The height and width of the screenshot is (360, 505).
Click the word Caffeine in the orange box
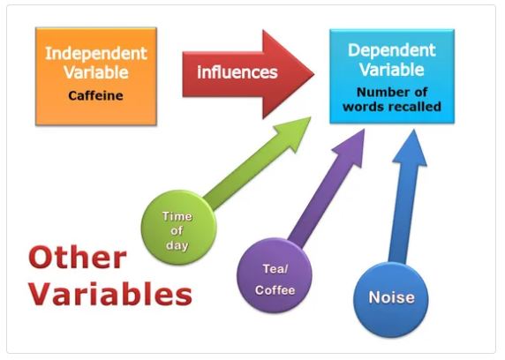pyautogui.click(x=95, y=95)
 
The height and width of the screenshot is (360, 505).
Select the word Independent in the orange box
pyautogui.click(x=96, y=54)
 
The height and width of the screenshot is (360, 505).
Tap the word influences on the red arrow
pyautogui.click(x=237, y=72)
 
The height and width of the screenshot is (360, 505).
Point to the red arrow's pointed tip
pyautogui.click(x=313, y=74)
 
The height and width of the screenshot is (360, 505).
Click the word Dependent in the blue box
pyautogui.click(x=392, y=50)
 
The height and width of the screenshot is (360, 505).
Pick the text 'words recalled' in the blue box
pyautogui.click(x=392, y=107)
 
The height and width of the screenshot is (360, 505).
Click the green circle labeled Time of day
pyautogui.click(x=178, y=228)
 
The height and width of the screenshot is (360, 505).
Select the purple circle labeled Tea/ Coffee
pyautogui.click(x=275, y=275)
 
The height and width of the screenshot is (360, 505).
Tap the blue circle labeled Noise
pyautogui.click(x=391, y=300)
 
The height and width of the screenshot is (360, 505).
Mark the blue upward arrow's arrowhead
pyautogui.click(x=411, y=146)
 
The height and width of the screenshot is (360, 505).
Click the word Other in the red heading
pyautogui.click(x=78, y=258)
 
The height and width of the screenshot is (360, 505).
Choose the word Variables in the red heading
pyautogui.click(x=110, y=294)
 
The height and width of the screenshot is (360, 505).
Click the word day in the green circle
pyautogui.click(x=177, y=245)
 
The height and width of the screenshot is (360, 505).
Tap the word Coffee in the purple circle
pyautogui.click(x=275, y=290)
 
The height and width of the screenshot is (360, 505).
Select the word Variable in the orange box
pyautogui.click(x=96, y=72)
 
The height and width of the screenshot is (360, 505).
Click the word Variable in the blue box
pyautogui.click(x=392, y=70)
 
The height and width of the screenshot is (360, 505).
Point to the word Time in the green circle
pyautogui.click(x=177, y=216)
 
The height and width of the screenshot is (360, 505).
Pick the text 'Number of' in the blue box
pyautogui.click(x=392, y=93)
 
